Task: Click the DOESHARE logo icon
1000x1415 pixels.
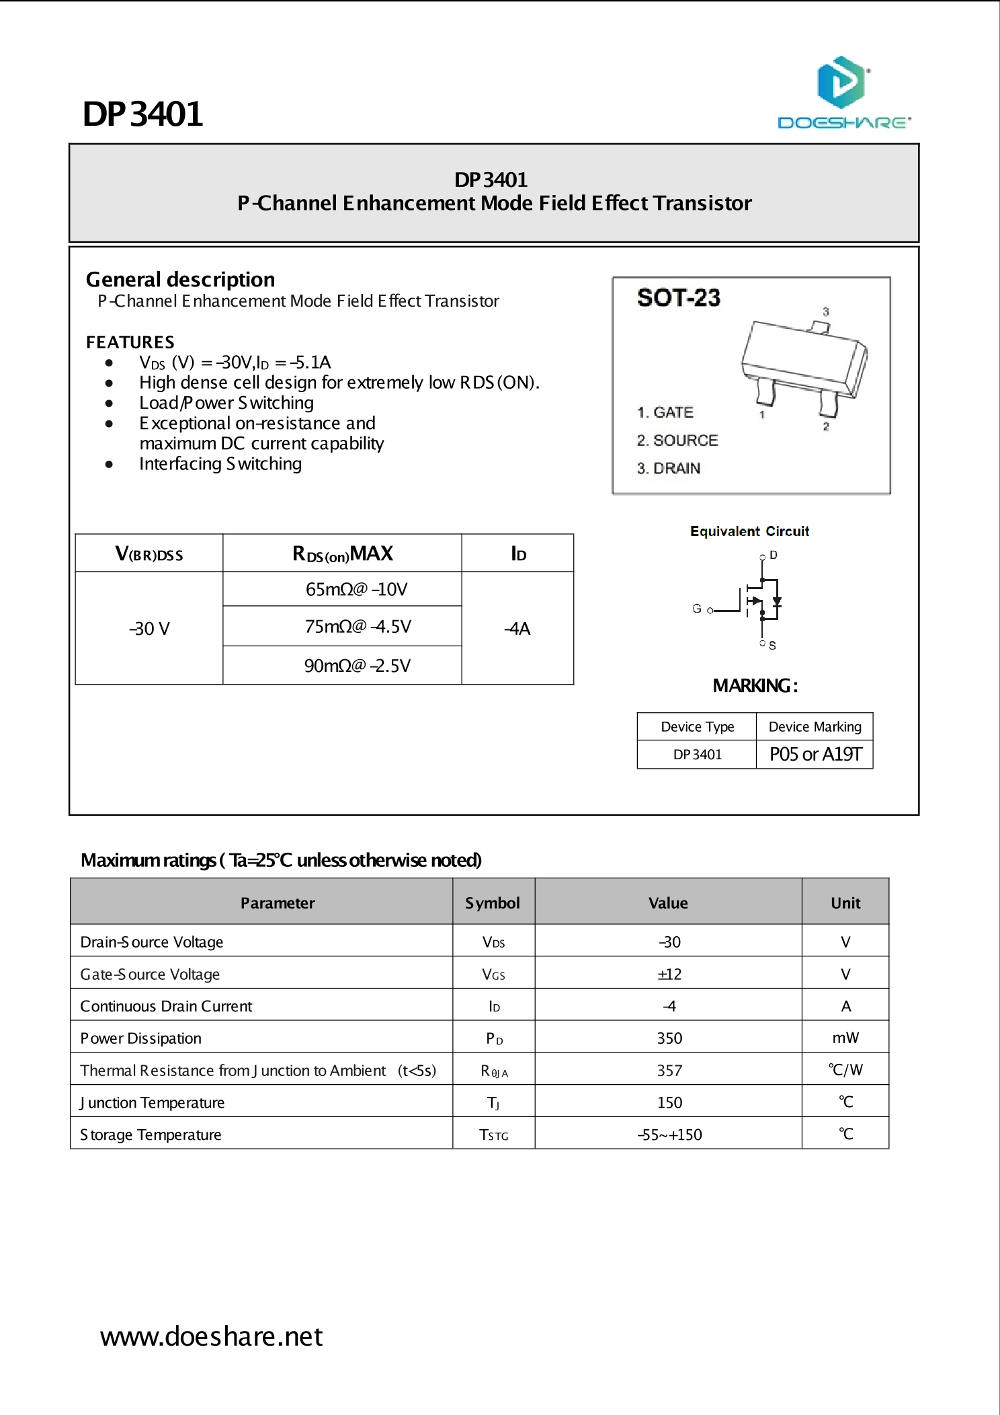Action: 841,83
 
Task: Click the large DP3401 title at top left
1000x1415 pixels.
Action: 142,114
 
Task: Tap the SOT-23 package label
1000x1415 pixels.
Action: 678,298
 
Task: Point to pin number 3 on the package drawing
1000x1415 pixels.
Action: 826,311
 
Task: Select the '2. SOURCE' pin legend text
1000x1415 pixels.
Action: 677,441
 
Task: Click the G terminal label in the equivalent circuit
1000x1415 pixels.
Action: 697,609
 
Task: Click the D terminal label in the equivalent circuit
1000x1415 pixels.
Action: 774,556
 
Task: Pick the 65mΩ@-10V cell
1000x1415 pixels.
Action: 356,590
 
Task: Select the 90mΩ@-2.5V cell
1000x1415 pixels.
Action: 357,666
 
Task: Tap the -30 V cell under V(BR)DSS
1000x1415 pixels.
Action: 149,629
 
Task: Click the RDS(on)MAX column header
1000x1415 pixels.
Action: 342,554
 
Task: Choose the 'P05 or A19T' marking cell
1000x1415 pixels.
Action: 815,755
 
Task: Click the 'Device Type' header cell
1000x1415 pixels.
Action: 697,727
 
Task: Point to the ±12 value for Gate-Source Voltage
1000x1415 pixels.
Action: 669,974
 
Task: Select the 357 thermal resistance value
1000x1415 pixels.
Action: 669,1071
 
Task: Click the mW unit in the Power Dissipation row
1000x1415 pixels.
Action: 845,1038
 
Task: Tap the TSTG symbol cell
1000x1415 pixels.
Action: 493,1135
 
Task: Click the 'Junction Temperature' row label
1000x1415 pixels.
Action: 153,1103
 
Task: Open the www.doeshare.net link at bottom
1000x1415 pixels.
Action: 211,1336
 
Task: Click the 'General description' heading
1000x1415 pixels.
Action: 180,280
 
